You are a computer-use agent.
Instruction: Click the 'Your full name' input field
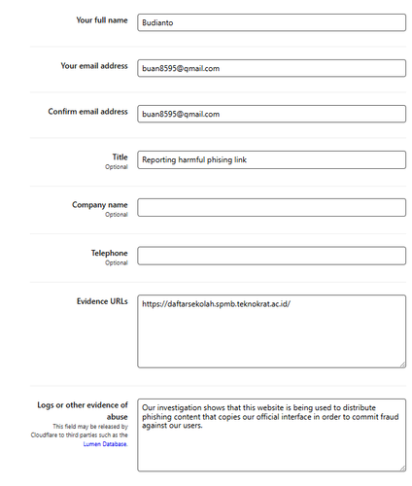271,21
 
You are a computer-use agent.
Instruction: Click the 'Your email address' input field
271,68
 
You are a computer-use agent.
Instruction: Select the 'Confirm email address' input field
271,114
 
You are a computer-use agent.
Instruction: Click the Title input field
271,160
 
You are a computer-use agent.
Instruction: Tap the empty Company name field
271,207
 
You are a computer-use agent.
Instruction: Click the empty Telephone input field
271,255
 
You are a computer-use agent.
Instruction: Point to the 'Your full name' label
101,18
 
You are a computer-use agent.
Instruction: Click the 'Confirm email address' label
87,112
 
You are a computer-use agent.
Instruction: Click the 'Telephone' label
109,253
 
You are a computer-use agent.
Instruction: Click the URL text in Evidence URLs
216,304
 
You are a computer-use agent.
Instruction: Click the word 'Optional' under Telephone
117,262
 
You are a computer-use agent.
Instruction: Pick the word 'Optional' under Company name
117,215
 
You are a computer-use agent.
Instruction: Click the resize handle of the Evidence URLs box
401,364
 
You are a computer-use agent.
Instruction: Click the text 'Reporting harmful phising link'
194,160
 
